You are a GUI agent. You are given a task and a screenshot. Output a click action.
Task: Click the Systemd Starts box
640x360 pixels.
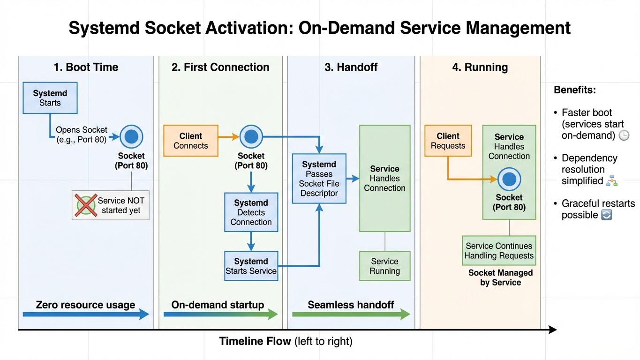click(50, 98)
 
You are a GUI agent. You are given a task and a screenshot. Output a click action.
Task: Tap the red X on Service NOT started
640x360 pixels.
click(86, 205)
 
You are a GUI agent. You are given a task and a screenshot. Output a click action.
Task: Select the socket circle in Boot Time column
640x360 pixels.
click(131, 137)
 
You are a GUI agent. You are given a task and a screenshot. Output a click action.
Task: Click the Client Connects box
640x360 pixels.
click(190, 141)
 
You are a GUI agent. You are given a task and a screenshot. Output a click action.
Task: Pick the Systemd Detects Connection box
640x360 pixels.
click(251, 212)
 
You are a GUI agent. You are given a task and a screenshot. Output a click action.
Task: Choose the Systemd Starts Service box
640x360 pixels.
click(251, 266)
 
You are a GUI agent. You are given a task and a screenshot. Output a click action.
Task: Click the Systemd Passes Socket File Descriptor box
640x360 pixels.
click(319, 179)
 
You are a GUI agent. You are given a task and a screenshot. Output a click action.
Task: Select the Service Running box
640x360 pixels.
click(384, 266)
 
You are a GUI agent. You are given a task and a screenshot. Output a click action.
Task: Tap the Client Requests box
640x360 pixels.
click(448, 141)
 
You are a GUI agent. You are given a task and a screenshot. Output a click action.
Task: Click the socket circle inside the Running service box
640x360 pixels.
click(509, 179)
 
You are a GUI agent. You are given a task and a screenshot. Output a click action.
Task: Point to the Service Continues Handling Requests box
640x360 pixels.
click(499, 251)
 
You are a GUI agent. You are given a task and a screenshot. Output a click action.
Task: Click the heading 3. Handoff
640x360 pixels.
click(351, 67)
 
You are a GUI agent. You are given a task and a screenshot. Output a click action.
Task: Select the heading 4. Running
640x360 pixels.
click(480, 67)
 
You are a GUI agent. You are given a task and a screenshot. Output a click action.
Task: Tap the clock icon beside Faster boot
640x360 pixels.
click(624, 136)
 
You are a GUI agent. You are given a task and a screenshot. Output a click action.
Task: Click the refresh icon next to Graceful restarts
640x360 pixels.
click(606, 215)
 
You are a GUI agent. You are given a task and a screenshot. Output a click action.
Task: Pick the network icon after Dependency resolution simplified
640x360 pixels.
click(611, 181)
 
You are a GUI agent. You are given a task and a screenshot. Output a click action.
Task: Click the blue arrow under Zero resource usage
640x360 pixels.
click(86, 315)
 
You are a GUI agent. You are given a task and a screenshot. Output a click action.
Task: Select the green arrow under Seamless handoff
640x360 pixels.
click(351, 315)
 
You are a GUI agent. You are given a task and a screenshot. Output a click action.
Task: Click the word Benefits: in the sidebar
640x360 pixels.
click(574, 90)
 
